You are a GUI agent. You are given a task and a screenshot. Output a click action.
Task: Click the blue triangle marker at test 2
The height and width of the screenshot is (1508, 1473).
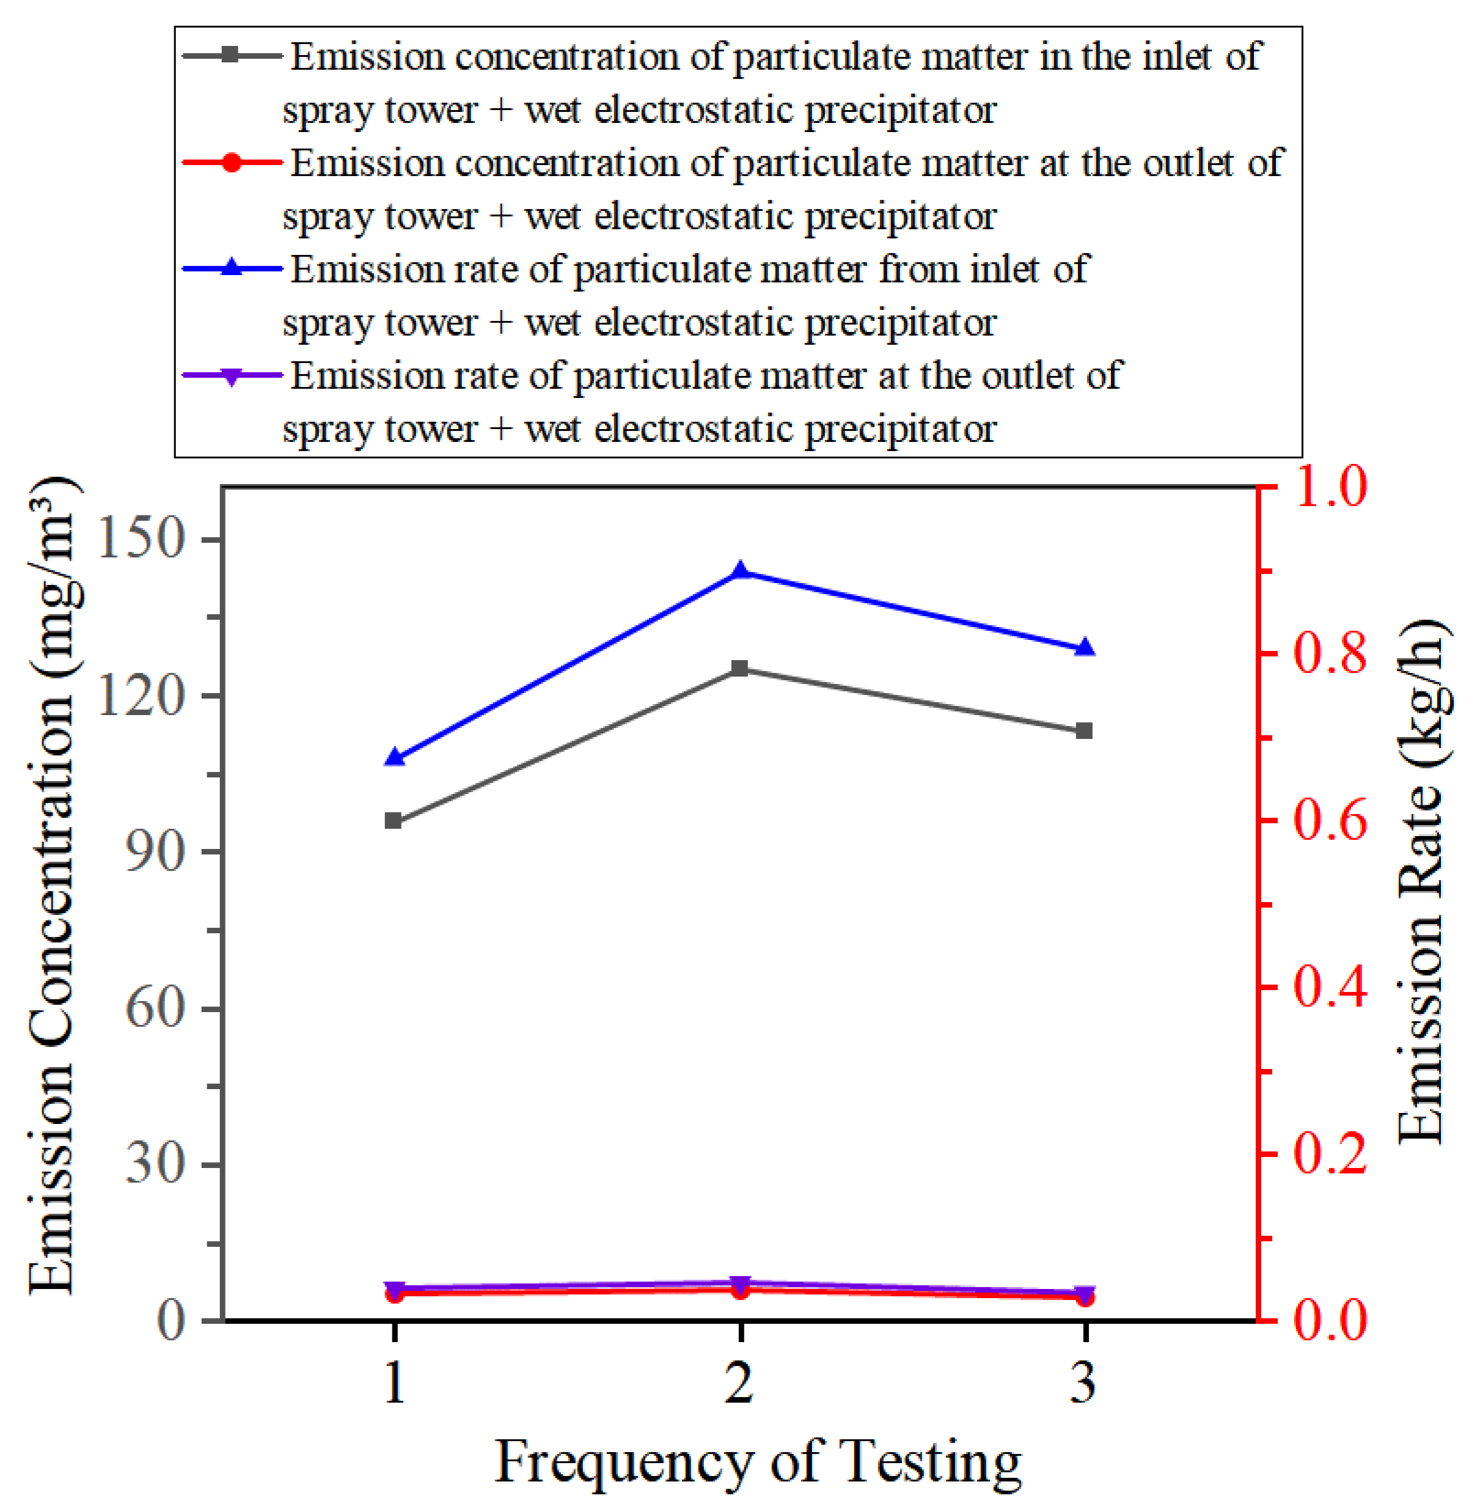click(740, 572)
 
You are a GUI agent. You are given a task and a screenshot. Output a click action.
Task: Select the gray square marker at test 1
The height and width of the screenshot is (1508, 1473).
click(393, 820)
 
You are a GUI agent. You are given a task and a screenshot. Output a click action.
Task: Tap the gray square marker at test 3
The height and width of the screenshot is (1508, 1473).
click(1084, 731)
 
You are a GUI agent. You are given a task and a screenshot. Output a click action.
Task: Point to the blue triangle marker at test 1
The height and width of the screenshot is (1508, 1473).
click(393, 758)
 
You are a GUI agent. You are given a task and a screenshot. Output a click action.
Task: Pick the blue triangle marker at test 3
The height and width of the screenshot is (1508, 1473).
click(1084, 648)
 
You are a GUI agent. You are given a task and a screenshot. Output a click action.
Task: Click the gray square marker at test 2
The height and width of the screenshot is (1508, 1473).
click(740, 668)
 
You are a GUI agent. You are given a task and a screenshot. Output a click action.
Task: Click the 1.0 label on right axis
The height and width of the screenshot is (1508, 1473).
click(1329, 487)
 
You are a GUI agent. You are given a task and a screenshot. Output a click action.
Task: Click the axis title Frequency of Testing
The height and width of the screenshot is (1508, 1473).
click(757, 1460)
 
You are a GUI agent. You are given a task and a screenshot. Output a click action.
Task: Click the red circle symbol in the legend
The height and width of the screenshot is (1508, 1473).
click(232, 163)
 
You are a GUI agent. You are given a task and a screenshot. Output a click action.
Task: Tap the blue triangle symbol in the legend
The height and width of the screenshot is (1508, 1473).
click(232, 269)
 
